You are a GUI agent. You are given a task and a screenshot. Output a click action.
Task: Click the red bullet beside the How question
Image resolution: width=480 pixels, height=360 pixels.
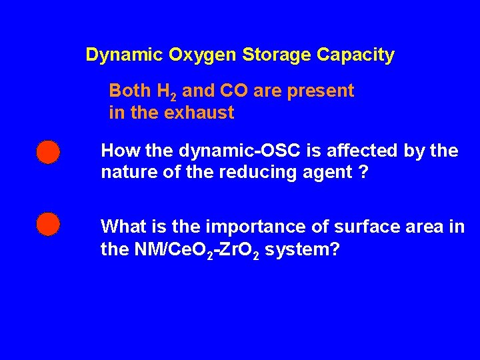(x=48, y=152)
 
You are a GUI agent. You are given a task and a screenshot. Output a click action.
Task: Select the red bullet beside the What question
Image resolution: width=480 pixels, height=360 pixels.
(x=48, y=224)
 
